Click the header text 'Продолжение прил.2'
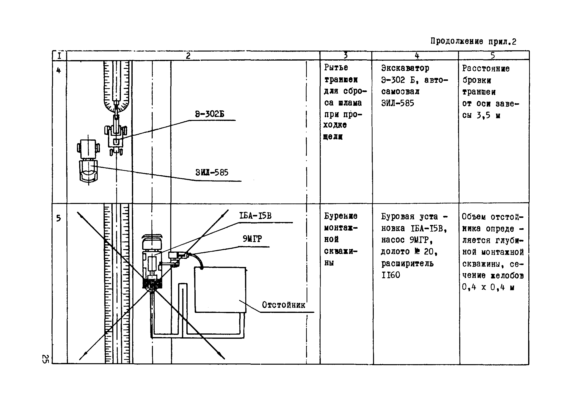pyautogui.click(x=473, y=41)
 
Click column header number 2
pyautogui.click(x=188, y=55)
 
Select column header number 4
pyautogui.click(x=417, y=55)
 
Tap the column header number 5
pyautogui.click(x=492, y=55)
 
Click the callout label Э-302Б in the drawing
pyautogui.click(x=210, y=114)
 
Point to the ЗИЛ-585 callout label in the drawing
pyautogui.click(x=212, y=173)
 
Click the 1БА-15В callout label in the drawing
pyautogui.click(x=255, y=216)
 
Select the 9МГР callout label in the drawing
pyautogui.click(x=252, y=239)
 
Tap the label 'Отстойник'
pyautogui.click(x=283, y=305)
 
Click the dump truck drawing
pyautogui.click(x=88, y=161)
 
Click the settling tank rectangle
pyautogui.click(x=220, y=290)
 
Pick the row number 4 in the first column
pyautogui.click(x=59, y=70)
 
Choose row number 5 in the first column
pyautogui.click(x=59, y=218)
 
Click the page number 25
pyautogui.click(x=45, y=359)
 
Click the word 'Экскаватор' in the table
pyautogui.click(x=405, y=68)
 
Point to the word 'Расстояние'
pyautogui.click(x=486, y=68)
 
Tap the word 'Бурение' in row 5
pyautogui.click(x=341, y=216)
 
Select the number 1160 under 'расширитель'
pyautogui.click(x=391, y=275)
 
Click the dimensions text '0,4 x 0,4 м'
pyautogui.click(x=488, y=287)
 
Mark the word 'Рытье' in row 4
pyautogui.click(x=336, y=68)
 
